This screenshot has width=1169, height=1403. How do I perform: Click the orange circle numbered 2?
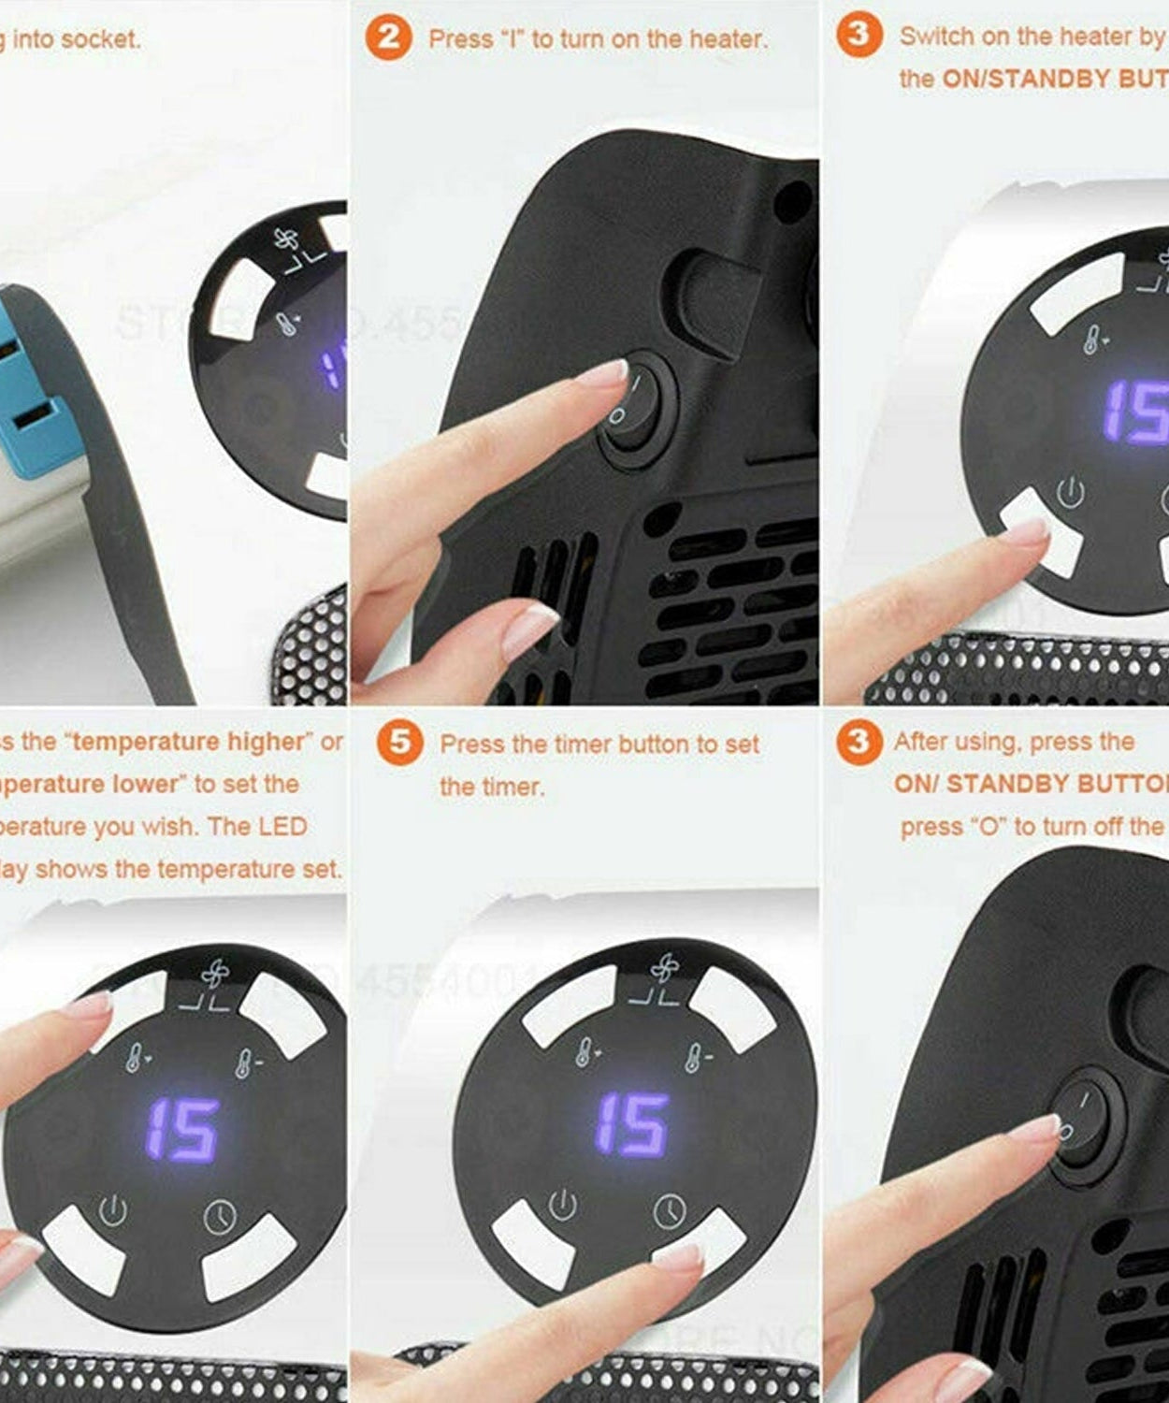coord(388,38)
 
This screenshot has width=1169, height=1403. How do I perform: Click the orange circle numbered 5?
coord(400,744)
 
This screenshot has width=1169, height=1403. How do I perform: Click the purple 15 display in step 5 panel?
coord(632,1123)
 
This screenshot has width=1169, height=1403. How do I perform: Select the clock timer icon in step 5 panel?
coord(669,1211)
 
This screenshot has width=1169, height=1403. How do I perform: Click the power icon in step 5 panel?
coord(562,1205)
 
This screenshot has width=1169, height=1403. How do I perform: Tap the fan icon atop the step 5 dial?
coord(665,969)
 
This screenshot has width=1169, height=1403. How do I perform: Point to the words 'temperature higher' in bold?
coord(188,742)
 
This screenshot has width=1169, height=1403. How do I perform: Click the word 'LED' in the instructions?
coord(282,827)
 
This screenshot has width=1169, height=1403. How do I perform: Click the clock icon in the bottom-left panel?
coord(220,1217)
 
